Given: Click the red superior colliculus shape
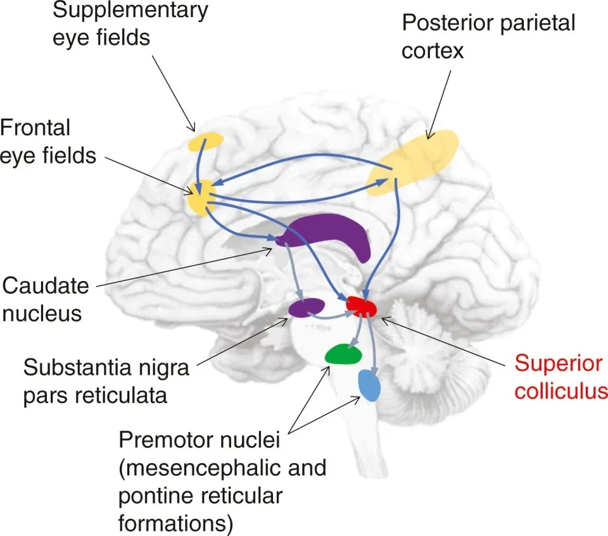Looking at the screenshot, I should (x=362, y=306).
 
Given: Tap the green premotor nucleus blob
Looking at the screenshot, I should (x=343, y=354).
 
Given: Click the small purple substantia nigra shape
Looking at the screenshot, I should (x=307, y=308).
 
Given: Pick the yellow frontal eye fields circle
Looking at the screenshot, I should (x=202, y=198).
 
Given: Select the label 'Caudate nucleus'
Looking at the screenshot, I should (x=46, y=299).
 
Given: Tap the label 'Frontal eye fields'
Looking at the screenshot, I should (x=47, y=141).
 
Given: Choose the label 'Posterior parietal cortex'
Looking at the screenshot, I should (x=488, y=37).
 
